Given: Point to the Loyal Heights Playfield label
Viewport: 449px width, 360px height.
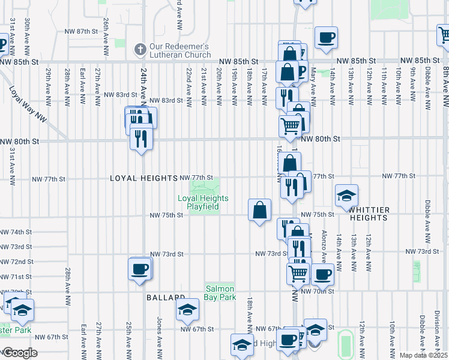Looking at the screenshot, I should (x=203, y=202).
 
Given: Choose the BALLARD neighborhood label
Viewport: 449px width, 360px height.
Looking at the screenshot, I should (x=165, y=298).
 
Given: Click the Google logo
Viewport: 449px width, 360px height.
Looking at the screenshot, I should (x=19, y=353).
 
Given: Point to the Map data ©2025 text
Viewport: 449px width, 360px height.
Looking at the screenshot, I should (x=423, y=355).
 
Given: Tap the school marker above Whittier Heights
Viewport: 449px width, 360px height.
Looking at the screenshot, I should (x=346, y=197).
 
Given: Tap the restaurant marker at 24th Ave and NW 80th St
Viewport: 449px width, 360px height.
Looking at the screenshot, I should (x=141, y=139).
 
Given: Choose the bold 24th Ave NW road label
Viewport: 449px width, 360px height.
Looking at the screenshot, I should (x=144, y=84).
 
